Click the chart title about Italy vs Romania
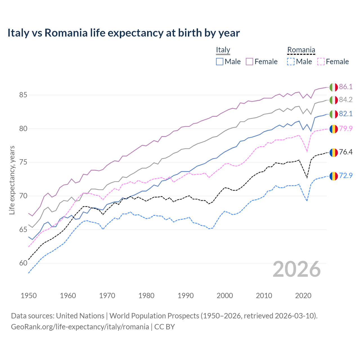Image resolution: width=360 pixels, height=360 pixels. click(123, 33)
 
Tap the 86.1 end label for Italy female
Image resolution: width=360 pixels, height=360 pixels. click(346, 87)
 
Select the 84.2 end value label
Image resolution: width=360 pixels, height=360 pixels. click(346, 100)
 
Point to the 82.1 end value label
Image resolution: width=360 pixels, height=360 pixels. click(346, 114)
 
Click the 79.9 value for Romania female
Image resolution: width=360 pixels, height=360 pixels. click(346, 129)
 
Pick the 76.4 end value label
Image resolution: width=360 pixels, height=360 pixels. click(346, 152)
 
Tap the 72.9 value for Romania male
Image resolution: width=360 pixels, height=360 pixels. click(346, 175)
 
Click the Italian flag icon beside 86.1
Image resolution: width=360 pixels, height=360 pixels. click(334, 87)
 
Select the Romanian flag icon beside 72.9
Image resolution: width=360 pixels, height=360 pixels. click(334, 176)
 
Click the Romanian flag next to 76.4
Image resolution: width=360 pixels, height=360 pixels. click(334, 152)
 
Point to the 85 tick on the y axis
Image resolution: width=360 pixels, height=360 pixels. click(23, 95)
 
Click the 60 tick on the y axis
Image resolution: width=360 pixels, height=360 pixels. click(23, 263)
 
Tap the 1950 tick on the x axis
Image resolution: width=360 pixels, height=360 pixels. click(29, 296)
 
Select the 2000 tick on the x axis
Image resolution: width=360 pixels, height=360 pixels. click(225, 296)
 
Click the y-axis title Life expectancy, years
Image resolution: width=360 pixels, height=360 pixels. click(12, 180)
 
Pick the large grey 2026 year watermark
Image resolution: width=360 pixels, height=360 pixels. click(297, 269)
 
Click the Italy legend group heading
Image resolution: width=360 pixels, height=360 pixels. click(223, 50)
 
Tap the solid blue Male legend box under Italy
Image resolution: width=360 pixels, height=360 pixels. click(220, 62)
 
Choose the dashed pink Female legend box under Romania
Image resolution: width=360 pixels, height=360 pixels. click(321, 62)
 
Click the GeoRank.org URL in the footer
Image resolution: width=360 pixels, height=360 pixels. click(80, 327)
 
